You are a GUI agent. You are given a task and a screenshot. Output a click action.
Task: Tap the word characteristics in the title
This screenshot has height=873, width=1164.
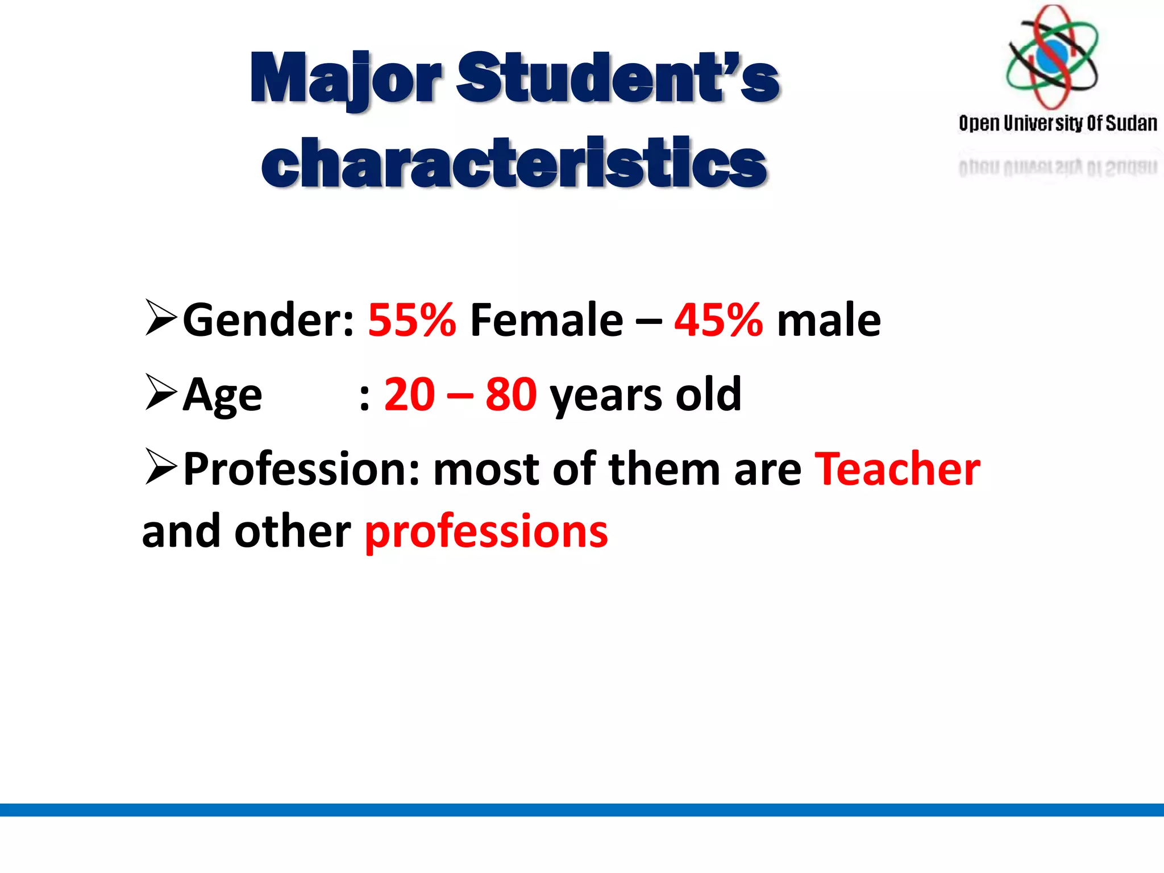coord(514,163)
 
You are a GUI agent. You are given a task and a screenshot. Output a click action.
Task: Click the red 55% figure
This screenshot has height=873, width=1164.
coord(412,320)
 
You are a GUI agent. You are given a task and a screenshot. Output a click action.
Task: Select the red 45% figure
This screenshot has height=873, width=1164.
coord(718,320)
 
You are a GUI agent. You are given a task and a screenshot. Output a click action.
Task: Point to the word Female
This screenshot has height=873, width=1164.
coord(546,320)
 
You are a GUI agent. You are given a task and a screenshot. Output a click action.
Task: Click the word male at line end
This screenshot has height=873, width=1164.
coord(829,320)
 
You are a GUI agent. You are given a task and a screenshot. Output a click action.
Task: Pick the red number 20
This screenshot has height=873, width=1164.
coord(410,394)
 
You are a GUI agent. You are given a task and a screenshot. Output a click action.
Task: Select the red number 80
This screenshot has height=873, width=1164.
coord(511,394)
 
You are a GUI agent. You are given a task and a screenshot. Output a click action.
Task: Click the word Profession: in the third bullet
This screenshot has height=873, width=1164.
coord(301,469)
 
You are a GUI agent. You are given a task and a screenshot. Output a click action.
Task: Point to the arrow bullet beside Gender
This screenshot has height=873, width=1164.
coord(161,318)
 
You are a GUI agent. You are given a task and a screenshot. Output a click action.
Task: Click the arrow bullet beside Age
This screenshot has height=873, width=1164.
coord(161,392)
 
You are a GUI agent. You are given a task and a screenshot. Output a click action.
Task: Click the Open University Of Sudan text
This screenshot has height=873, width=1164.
coord(1058,123)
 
